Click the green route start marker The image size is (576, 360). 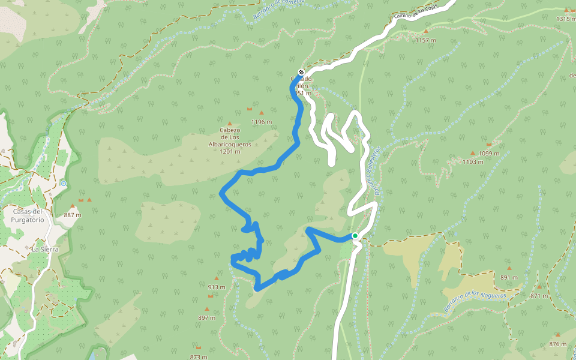point(355,236)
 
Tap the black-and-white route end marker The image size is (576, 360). point(301,73)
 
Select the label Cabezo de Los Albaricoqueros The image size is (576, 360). point(230,140)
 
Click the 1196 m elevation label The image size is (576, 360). point(262,122)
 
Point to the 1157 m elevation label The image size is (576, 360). point(425,40)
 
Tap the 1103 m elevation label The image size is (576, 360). point(473,162)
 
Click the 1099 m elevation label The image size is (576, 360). point(489,154)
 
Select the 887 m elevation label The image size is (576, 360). point(72,215)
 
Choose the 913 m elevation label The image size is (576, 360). point(217,287)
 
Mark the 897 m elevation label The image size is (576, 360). point(206,317)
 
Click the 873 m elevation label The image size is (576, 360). point(198,357)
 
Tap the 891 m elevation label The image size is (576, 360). point(509,277)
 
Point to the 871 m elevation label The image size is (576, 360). point(539,296)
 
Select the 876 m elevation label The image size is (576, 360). point(557,344)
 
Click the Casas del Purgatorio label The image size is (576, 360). point(29,215)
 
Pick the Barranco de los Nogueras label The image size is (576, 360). point(475,301)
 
